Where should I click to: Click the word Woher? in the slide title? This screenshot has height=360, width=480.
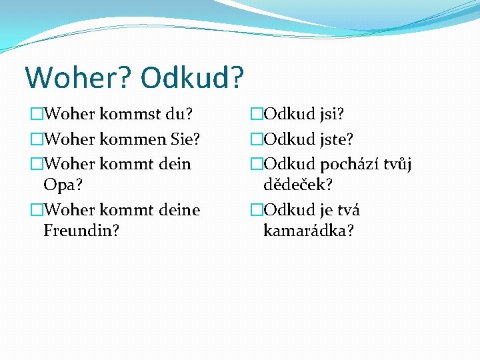78,77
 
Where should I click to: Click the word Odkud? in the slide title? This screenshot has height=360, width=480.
193,77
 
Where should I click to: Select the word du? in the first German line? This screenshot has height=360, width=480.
179,115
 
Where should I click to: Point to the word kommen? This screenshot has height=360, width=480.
135,139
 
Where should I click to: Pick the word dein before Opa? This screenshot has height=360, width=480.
174,163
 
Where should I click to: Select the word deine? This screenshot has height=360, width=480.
178,210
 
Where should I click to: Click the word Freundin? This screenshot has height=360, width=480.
80,231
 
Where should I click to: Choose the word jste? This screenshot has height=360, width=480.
337,139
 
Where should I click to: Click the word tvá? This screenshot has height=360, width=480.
349,210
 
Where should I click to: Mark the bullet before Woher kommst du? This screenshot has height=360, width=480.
36,115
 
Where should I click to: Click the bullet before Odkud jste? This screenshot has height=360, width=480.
257,139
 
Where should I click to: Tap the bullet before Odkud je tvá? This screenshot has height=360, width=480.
257,210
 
